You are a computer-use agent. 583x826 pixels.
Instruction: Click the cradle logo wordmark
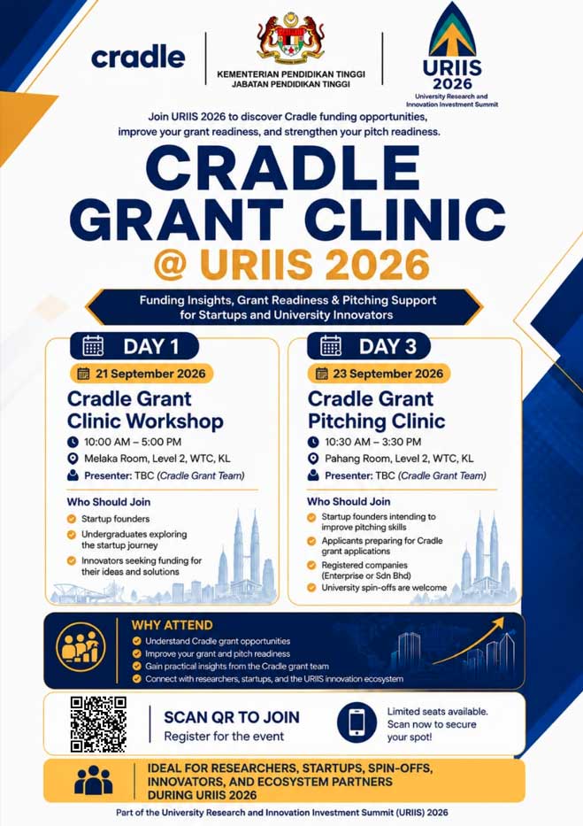click(138, 57)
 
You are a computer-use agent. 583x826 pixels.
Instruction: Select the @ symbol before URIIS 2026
click(171, 265)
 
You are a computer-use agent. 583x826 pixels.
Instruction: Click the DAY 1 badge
click(134, 346)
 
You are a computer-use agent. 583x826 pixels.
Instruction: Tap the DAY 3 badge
click(368, 346)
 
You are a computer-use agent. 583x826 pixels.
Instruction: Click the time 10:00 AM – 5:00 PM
click(133, 442)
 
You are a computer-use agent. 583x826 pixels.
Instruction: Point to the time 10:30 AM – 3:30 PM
click(372, 442)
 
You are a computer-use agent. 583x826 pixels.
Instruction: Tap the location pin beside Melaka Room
click(73, 459)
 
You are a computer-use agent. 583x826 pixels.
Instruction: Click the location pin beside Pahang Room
click(313, 459)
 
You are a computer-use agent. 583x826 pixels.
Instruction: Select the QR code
click(98, 724)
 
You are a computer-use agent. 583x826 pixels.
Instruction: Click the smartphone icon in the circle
click(357, 722)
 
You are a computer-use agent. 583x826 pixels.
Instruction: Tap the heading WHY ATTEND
click(172, 625)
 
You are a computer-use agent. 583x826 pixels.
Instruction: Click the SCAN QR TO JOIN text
click(232, 717)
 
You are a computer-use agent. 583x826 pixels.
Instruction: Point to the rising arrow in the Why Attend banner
click(468, 640)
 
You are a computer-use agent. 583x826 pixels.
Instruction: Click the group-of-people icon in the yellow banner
click(94, 780)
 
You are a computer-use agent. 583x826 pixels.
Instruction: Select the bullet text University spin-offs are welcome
click(384, 587)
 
